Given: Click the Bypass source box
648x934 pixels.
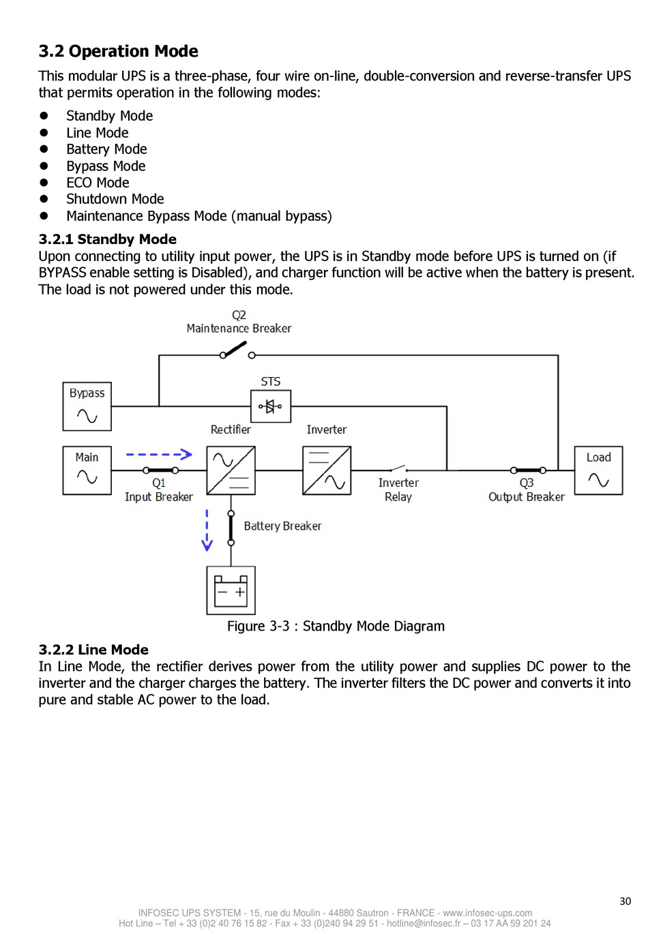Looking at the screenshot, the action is pyautogui.click(x=87, y=406).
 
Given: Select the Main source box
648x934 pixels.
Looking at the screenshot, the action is pyautogui.click(x=87, y=470).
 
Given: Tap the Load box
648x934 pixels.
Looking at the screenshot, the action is pyautogui.click(x=598, y=470).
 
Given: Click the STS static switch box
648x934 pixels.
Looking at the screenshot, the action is pyautogui.click(x=270, y=406).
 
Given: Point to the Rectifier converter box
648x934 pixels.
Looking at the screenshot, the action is pyautogui.click(x=231, y=470).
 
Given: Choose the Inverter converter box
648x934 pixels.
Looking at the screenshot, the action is pyautogui.click(x=327, y=470).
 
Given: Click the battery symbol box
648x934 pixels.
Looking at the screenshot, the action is pyautogui.click(x=231, y=590).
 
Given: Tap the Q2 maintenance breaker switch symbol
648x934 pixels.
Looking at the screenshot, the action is pyautogui.click(x=237, y=350).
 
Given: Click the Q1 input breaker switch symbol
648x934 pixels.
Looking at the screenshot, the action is pyautogui.click(x=161, y=470).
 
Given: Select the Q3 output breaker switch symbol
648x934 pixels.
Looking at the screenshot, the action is pyautogui.click(x=528, y=470).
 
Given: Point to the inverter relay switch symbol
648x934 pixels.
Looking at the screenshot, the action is pyautogui.click(x=398, y=468).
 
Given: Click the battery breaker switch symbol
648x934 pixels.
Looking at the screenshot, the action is pyautogui.click(x=231, y=528).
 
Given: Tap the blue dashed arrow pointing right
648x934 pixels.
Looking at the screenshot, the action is pyautogui.click(x=159, y=454).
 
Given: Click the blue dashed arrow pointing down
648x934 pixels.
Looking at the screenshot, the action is pyautogui.click(x=207, y=530).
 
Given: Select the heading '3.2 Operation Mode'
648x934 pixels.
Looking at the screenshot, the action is pyautogui.click(x=119, y=51).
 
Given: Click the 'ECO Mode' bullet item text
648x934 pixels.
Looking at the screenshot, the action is pyautogui.click(x=98, y=183).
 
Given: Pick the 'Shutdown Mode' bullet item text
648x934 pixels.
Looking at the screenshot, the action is pyautogui.click(x=115, y=199).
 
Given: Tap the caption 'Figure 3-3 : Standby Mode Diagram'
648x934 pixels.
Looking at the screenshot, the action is pyautogui.click(x=336, y=626).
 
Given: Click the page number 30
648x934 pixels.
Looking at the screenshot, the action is pyautogui.click(x=625, y=901).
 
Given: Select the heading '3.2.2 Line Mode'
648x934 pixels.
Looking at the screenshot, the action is pyautogui.click(x=93, y=650).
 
